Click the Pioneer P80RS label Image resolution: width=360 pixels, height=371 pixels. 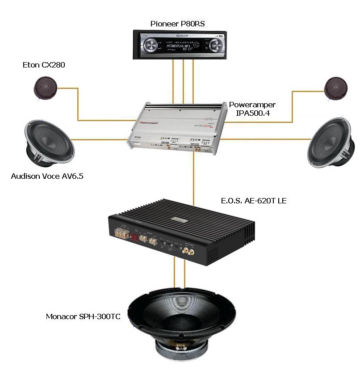point(177,24)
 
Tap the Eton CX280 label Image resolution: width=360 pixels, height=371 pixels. point(41,65)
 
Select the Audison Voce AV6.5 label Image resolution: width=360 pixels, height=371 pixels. point(47,176)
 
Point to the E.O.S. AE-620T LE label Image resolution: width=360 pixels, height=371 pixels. point(253,201)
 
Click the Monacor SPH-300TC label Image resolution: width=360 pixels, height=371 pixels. point(84,316)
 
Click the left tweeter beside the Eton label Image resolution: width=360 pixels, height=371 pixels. point(46,88)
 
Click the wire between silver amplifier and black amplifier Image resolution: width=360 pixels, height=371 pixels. point(194,179)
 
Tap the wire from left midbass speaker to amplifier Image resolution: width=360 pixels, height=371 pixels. point(98,140)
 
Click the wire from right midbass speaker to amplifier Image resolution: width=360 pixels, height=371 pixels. point(268,139)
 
